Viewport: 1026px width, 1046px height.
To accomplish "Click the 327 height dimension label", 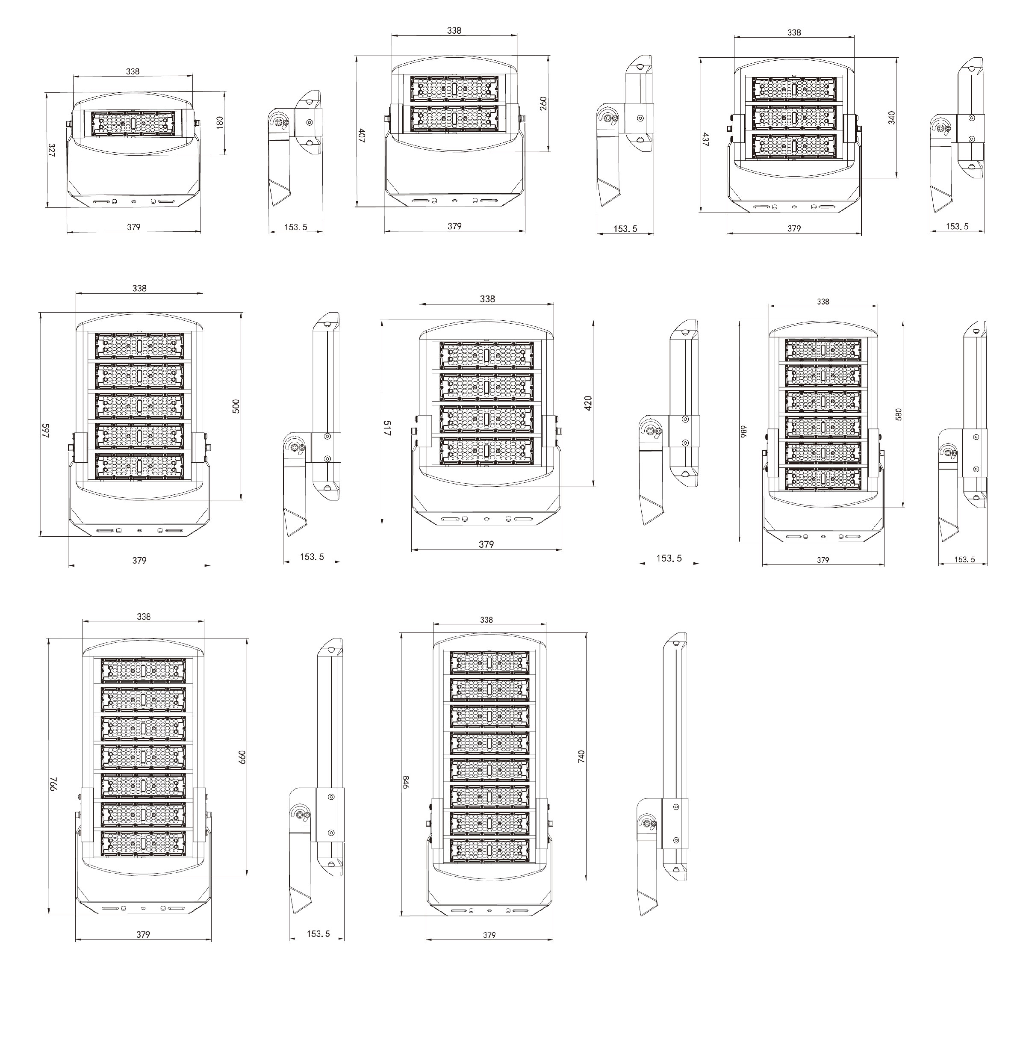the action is coord(51,151).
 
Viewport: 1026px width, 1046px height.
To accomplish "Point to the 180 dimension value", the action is coord(219,122).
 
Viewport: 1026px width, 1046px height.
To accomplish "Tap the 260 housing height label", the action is coord(543,104).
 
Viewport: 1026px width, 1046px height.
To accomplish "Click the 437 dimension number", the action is coord(705,139).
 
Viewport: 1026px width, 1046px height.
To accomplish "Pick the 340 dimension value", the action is coord(891,118).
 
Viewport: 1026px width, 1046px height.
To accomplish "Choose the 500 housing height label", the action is coord(236,406).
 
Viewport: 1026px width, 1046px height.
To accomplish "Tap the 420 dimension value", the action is coord(588,403).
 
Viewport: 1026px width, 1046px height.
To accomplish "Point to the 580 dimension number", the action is coord(898,414).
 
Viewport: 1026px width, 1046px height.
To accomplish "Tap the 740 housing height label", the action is coord(581,756).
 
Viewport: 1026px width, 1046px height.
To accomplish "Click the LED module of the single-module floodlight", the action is coord(133,124).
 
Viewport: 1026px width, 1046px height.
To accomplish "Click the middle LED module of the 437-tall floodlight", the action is coord(794,117).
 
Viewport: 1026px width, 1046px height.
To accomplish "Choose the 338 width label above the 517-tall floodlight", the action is coord(487,298).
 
